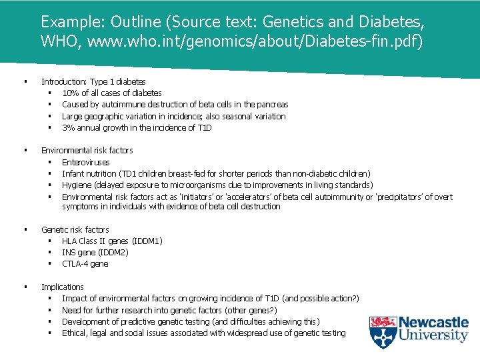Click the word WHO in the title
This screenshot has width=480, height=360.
click(58, 41)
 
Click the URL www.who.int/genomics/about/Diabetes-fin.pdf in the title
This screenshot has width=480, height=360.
click(251, 41)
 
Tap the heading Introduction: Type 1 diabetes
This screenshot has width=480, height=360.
click(93, 81)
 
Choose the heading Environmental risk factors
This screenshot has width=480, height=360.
click(87, 151)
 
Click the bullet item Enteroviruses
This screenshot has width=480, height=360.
click(85, 163)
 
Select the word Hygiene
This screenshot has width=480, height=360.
click(76, 185)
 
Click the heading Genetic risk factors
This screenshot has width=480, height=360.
click(75, 230)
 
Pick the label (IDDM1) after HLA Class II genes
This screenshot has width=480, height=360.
click(147, 241)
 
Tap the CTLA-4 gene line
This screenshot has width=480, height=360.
click(85, 264)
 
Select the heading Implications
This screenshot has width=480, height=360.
click(62, 287)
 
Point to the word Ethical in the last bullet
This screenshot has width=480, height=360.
click(75, 333)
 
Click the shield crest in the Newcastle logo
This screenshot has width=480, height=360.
click(383, 331)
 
